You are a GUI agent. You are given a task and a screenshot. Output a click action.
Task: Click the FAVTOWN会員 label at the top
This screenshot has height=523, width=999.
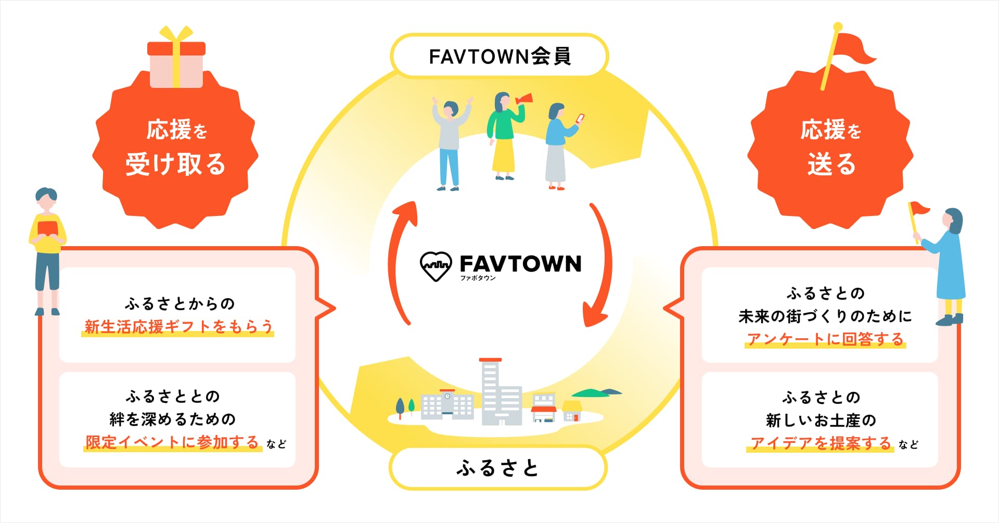499,56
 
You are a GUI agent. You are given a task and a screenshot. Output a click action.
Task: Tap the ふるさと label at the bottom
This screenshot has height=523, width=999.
497,467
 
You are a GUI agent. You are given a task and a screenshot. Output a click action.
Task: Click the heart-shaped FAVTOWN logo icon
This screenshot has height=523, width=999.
435,266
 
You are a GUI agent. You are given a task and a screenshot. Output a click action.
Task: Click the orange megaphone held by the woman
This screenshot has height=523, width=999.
524,99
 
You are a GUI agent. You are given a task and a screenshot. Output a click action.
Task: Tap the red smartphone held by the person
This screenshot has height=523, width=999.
580,118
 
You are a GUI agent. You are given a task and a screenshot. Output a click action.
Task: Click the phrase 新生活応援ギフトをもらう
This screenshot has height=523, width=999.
178,327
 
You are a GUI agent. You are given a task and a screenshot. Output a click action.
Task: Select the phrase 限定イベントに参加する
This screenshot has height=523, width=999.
172,442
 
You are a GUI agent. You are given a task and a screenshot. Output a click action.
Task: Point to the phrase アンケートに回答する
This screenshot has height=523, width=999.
825,339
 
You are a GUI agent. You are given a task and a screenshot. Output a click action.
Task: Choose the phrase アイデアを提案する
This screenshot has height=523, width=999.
821,443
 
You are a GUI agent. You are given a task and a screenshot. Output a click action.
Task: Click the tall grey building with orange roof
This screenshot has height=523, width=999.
491,390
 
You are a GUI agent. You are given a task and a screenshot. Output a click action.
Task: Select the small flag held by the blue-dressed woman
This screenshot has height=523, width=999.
917,211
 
